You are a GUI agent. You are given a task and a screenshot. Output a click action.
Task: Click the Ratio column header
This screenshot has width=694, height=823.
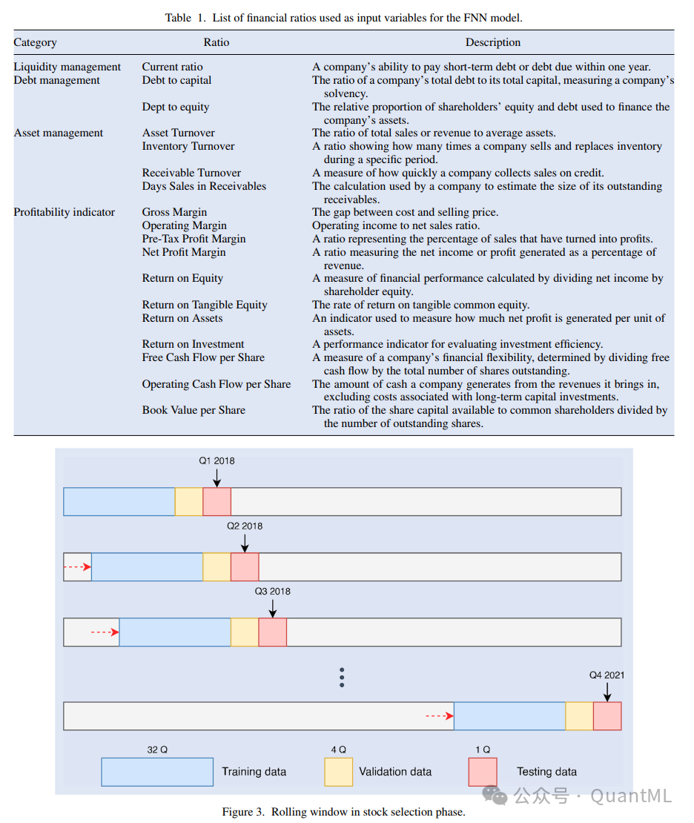[217, 42]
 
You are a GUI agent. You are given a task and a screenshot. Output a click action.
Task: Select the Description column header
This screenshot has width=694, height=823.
[493, 42]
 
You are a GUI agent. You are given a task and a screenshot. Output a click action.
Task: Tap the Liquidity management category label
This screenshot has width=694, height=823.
[67, 67]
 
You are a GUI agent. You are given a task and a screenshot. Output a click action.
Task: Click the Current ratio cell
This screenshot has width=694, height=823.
[172, 67]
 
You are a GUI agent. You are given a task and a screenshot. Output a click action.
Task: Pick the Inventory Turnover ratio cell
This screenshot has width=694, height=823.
[188, 146]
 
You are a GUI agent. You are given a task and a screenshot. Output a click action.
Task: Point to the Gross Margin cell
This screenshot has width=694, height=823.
[174, 212]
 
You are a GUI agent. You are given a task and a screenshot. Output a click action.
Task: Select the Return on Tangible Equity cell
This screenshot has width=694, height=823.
[205, 305]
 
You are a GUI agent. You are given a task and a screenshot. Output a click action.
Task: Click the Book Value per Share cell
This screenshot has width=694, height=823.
[194, 410]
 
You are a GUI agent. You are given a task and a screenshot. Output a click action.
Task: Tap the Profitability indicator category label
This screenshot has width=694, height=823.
[65, 212]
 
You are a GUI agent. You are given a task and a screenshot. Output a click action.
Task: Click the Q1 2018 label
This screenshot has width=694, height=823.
[217, 460]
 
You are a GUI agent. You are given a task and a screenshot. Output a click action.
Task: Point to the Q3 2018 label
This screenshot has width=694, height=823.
[273, 592]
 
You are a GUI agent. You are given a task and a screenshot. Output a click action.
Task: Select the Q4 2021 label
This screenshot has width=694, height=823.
[607, 675]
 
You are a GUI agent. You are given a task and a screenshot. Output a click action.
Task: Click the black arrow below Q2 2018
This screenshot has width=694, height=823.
[245, 543]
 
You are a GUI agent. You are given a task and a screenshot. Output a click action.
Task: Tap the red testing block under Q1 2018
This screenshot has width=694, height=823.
[217, 501]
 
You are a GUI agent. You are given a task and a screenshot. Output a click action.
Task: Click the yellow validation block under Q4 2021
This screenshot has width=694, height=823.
[579, 715]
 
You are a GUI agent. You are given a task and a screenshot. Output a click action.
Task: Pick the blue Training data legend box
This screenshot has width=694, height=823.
[157, 771]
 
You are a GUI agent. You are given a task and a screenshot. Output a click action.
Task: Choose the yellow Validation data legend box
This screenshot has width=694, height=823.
[338, 771]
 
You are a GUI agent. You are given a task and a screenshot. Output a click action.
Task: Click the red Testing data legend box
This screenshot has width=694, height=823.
[483, 771]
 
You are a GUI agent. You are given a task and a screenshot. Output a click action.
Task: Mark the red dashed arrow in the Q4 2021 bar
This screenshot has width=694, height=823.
[439, 715]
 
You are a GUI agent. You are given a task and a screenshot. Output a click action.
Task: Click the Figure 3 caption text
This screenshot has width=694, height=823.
[343, 812]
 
